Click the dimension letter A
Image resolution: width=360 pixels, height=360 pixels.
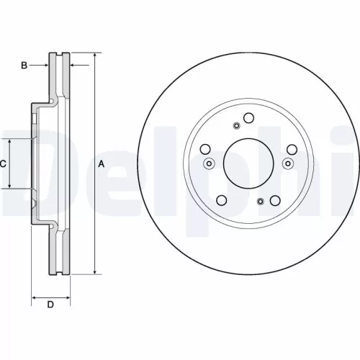point(102,164)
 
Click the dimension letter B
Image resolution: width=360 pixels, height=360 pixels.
point(24,66)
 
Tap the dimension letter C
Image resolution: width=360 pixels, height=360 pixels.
point(3,164)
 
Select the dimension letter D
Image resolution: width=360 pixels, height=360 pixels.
point(50,305)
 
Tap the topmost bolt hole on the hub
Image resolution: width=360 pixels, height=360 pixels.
point(249,120)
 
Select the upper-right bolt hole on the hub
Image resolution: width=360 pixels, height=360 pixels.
point(292,150)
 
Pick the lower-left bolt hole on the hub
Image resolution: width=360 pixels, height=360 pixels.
point(222,200)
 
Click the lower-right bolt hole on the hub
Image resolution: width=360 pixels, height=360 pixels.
point(276,200)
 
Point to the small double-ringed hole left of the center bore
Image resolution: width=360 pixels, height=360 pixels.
point(209,163)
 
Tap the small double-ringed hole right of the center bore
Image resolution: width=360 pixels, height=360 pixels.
point(289,163)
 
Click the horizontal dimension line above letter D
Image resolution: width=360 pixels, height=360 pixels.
point(50,295)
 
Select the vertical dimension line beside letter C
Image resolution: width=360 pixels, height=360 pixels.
point(9,164)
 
